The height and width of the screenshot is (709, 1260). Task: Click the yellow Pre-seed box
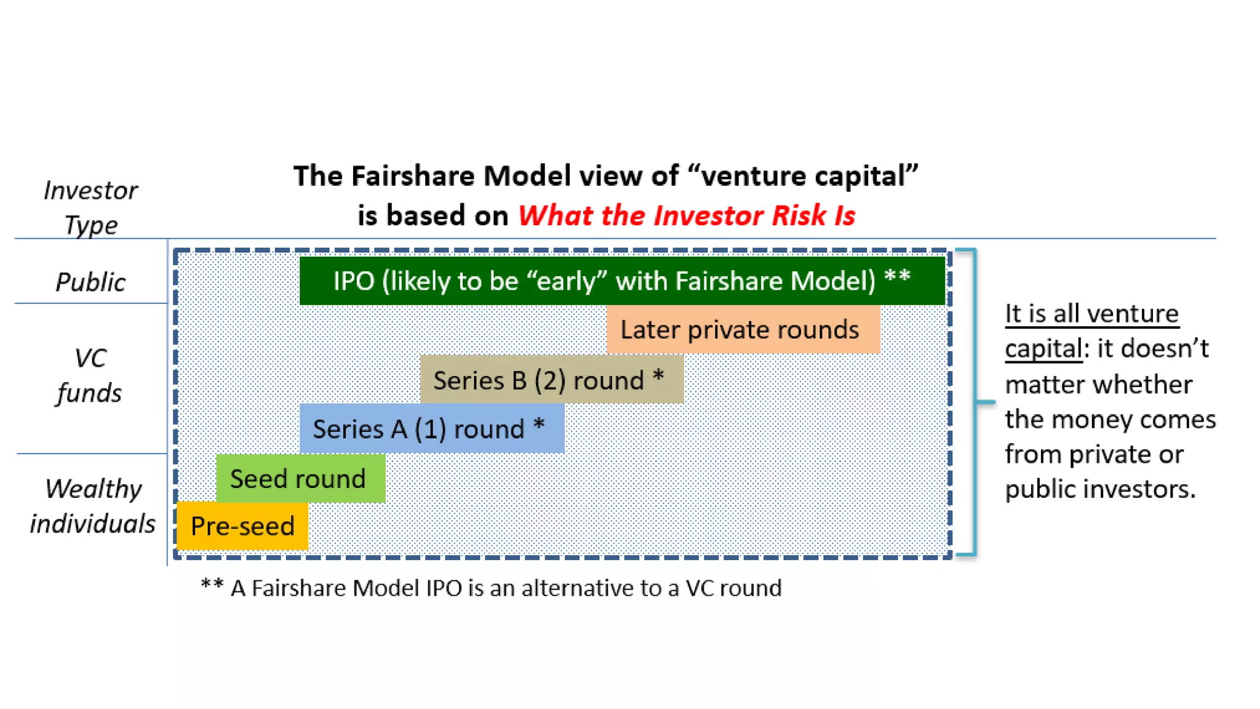point(242,526)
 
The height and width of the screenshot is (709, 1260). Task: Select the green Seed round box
point(300,479)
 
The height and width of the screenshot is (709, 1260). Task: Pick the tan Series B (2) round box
point(551,380)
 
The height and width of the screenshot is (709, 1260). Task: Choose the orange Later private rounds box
point(743,330)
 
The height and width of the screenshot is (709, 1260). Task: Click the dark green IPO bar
point(621,281)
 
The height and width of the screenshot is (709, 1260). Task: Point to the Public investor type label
point(90,282)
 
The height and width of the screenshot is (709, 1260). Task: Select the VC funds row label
point(90,375)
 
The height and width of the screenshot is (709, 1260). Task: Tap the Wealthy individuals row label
point(92,506)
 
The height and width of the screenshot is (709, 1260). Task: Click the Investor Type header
point(90,207)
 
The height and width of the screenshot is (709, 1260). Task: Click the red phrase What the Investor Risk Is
point(686,215)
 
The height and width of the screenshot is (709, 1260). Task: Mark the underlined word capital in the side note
point(1043,348)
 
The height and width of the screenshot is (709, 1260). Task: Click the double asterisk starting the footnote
point(212,585)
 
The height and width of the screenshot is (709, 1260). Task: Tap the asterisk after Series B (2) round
point(658,375)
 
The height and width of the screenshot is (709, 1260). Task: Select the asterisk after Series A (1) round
point(539,424)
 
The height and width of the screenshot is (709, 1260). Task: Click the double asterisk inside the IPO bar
point(897,276)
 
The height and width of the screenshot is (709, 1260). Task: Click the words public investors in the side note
point(1100,489)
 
